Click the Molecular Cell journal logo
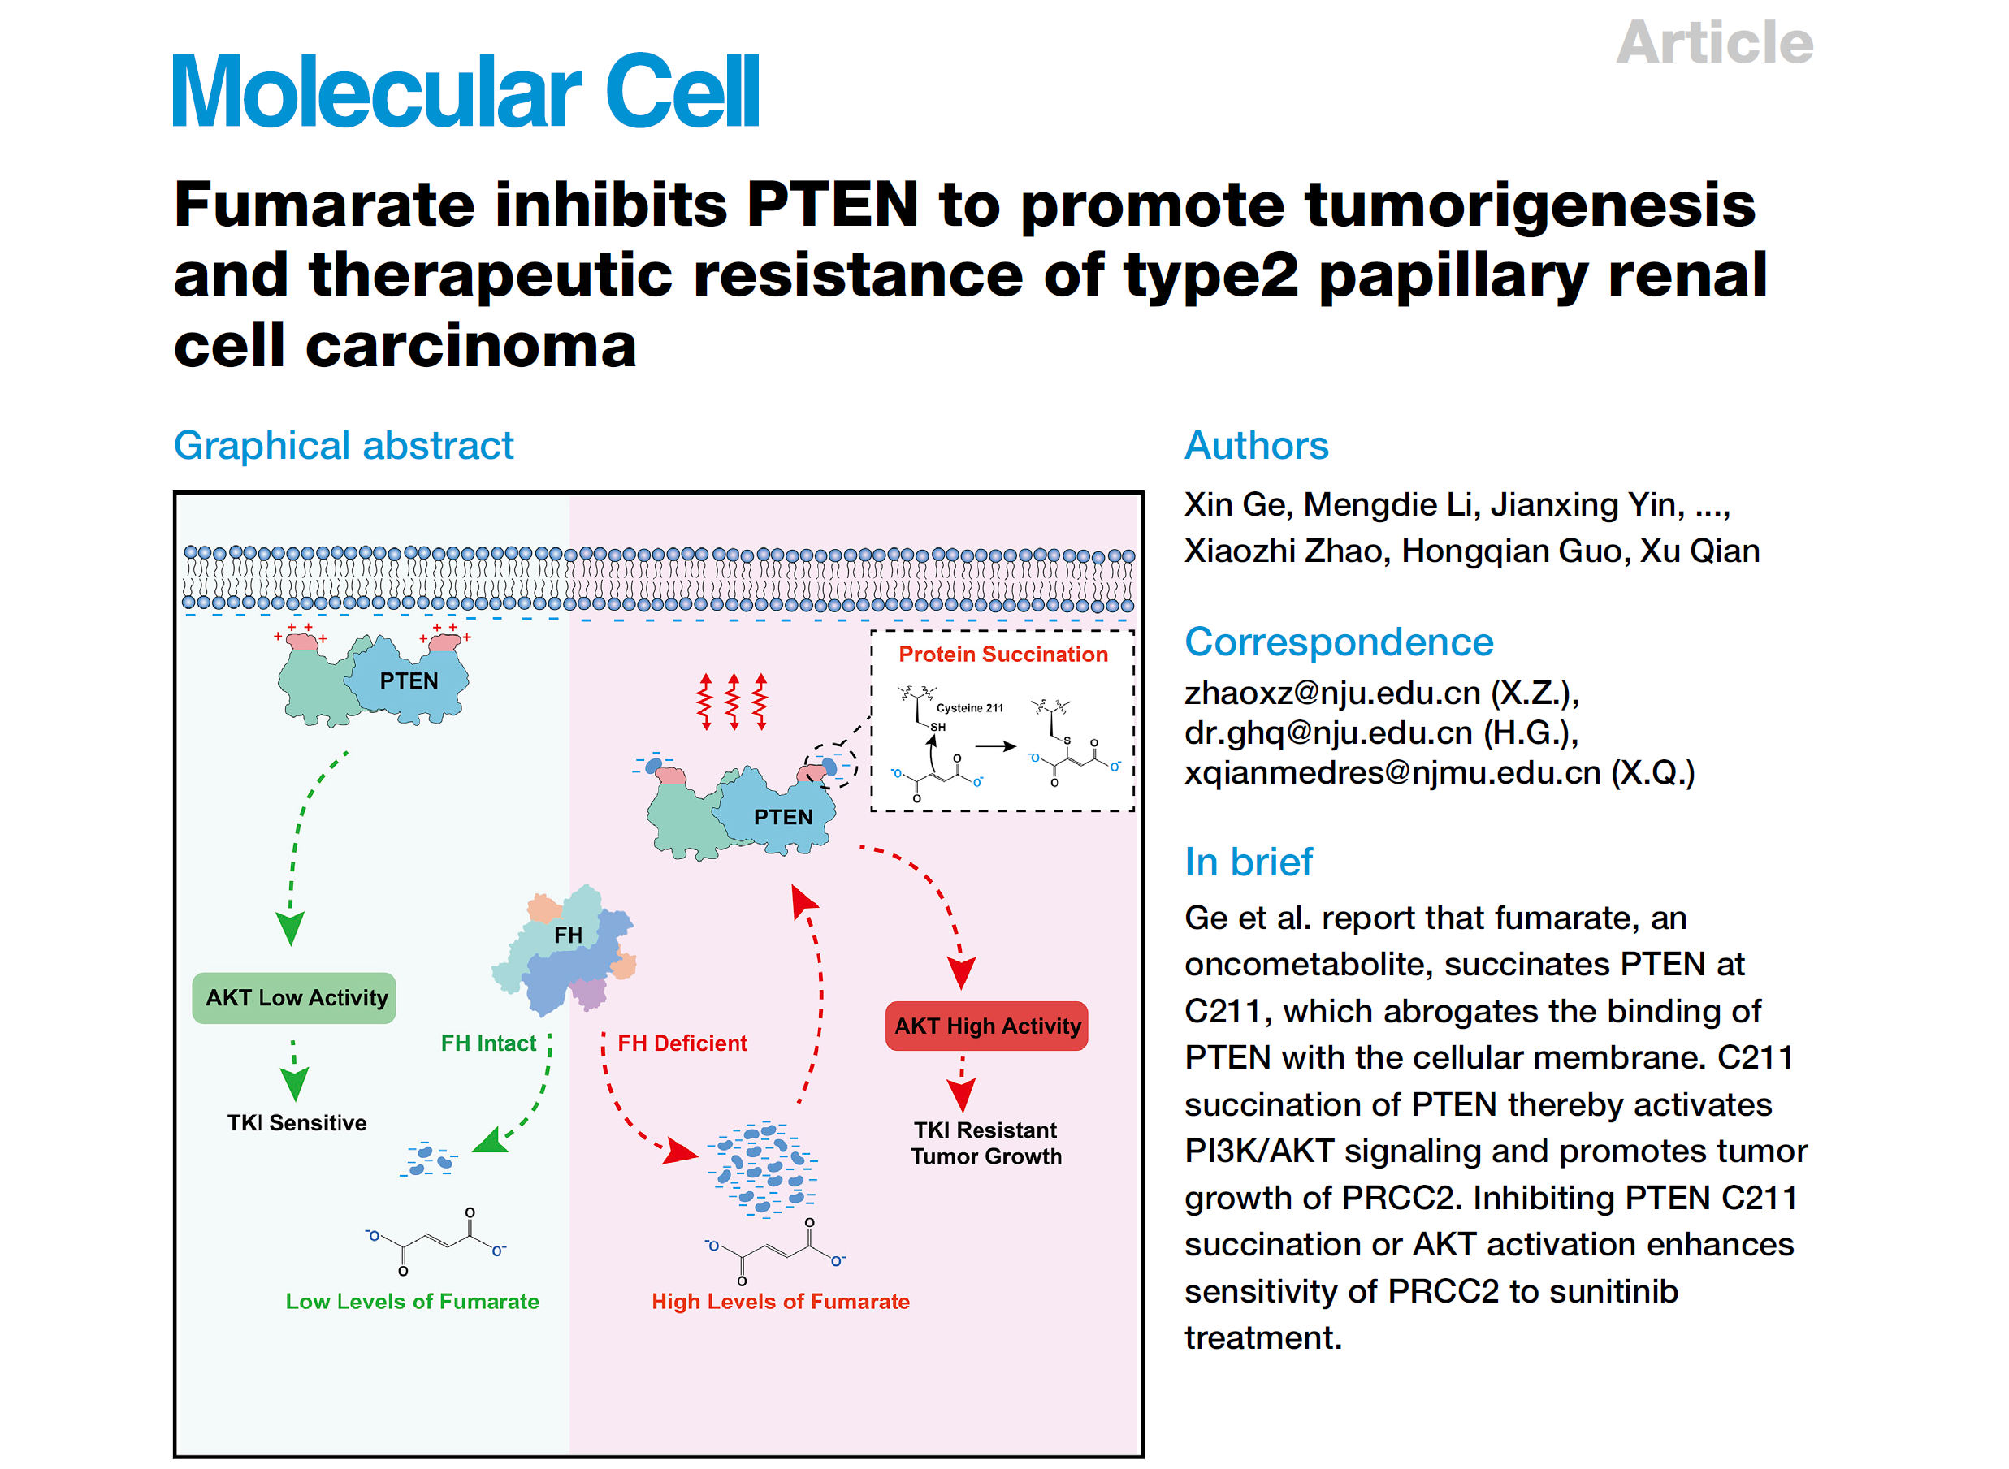click(x=465, y=91)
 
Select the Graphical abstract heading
click(x=344, y=445)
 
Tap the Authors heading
click(x=1256, y=445)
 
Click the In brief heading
click(x=1248, y=861)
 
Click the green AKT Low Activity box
click(x=295, y=998)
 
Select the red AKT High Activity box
click(x=986, y=1026)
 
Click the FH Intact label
click(x=488, y=1043)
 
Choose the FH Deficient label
click(x=682, y=1043)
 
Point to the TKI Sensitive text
click(x=297, y=1122)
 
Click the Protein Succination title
click(x=1002, y=655)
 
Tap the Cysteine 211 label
click(x=969, y=708)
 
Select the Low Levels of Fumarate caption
click(x=412, y=1301)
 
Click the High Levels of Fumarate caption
click(x=780, y=1301)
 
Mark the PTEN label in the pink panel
click(x=782, y=816)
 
